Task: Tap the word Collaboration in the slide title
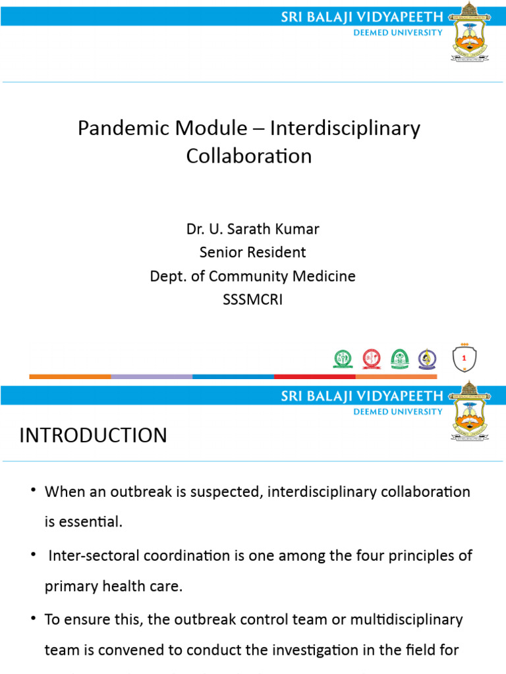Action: point(248,156)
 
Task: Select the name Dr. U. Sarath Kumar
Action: point(252,230)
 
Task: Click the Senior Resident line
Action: point(252,252)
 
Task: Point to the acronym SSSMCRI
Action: point(252,299)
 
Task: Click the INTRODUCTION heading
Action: point(93,435)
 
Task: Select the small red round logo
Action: point(371,359)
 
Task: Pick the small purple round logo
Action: point(427,359)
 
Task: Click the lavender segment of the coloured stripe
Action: point(152,376)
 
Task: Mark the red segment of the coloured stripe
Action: point(314,376)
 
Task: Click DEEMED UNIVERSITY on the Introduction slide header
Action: point(398,412)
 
